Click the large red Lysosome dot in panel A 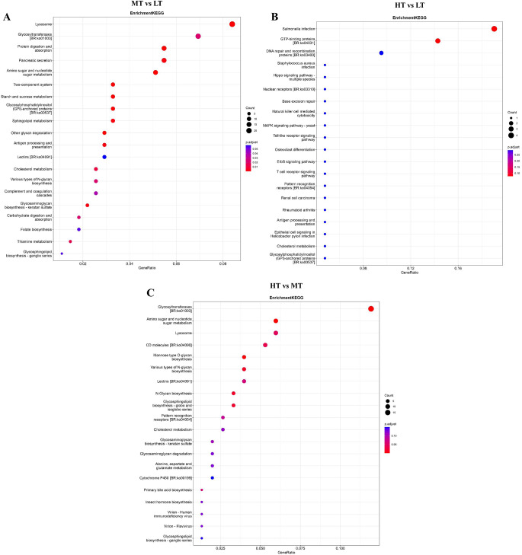point(232,24)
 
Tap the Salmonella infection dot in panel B point(495,29)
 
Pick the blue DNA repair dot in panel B point(381,53)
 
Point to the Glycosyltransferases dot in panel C point(370,308)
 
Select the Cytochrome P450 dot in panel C point(213,477)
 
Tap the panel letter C point(151,292)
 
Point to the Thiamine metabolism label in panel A point(35,241)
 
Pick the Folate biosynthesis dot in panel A point(78,229)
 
